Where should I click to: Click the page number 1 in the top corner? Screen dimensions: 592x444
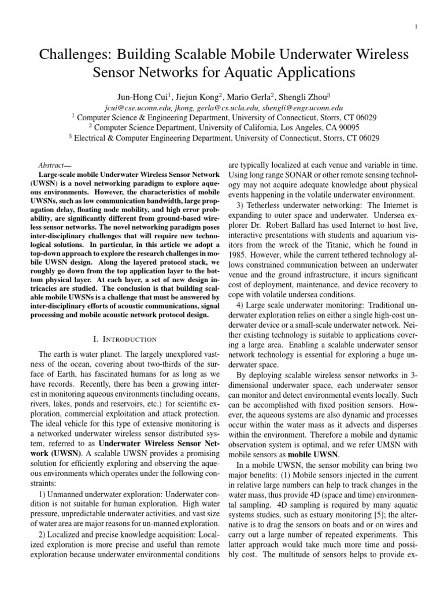[x=432, y=27]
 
